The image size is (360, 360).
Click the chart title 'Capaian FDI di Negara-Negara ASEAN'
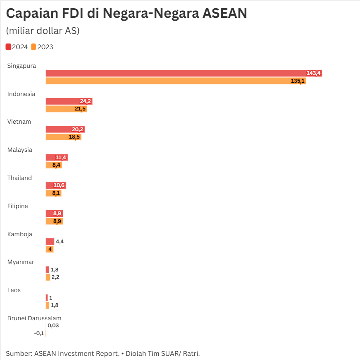coord(126,14)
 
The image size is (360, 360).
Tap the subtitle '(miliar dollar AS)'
coord(43,31)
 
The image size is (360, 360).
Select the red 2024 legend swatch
coord(8,47)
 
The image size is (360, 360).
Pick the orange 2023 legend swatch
coord(33,47)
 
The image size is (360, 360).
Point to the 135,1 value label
coord(298,81)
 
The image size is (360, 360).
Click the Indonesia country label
coord(21,94)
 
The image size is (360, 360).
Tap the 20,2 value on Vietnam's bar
coord(78,130)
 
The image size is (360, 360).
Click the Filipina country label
coord(18,206)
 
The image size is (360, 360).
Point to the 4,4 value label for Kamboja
coord(60,242)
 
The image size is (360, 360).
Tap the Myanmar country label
coord(21,262)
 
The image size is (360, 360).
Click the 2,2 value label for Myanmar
coord(55,277)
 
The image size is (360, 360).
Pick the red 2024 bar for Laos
coord(47,298)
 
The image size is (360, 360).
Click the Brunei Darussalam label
coord(34,318)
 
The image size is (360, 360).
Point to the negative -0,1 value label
coord(39,334)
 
